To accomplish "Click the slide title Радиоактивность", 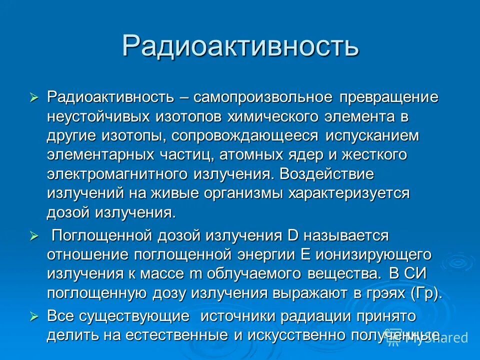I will click(x=240, y=46).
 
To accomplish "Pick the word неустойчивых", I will click(x=98, y=116).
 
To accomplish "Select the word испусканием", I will click(x=372, y=136).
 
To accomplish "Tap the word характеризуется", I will click(x=347, y=193).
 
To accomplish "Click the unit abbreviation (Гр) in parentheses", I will click(x=425, y=293).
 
